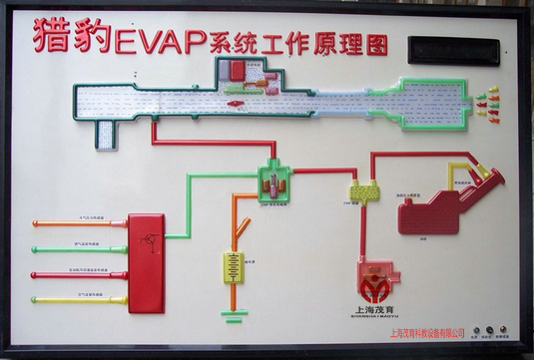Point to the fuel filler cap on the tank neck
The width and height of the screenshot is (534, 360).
pyautogui.click(x=488, y=173)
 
